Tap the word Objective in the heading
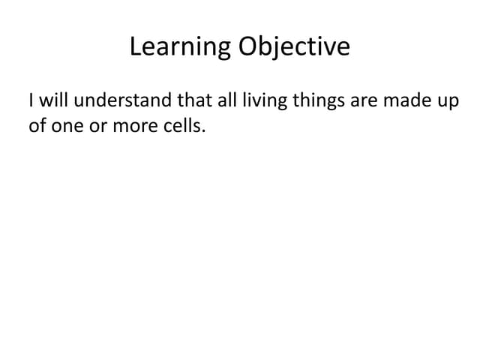(295, 47)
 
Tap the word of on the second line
(36, 126)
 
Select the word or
(97, 127)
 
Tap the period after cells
(202, 131)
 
